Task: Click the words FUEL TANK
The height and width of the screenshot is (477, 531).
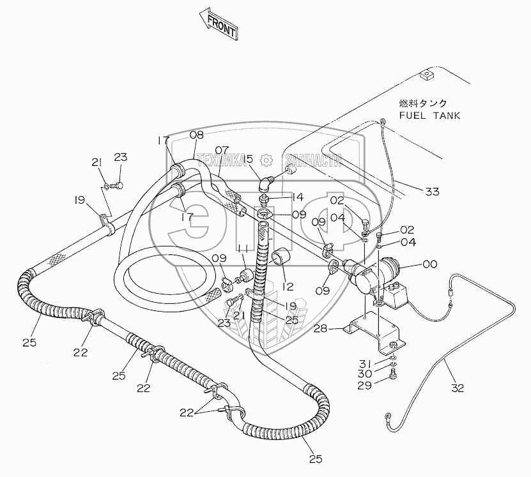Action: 429,116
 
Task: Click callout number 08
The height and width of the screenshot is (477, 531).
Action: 197,135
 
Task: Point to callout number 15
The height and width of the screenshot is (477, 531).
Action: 247,159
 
